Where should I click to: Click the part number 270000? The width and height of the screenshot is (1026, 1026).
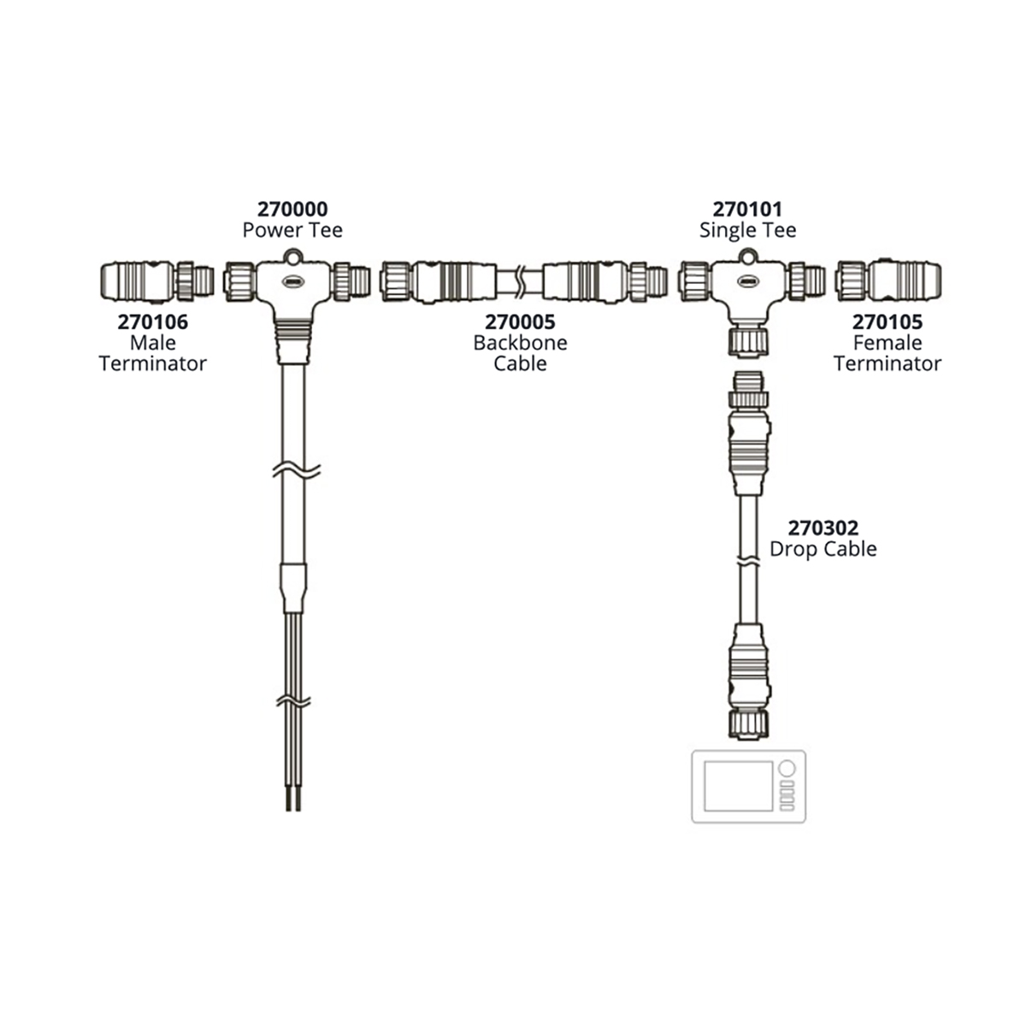pyautogui.click(x=292, y=209)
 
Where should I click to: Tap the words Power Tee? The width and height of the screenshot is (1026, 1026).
pyautogui.click(x=292, y=230)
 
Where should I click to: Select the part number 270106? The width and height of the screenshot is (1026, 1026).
pyautogui.click(x=153, y=322)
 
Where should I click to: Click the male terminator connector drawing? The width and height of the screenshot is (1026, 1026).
pyautogui.click(x=157, y=280)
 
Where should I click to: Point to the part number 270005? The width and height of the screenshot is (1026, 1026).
pyautogui.click(x=520, y=322)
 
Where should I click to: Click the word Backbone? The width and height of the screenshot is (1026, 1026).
pyautogui.click(x=520, y=343)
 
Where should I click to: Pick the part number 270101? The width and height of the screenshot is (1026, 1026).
pyautogui.click(x=747, y=209)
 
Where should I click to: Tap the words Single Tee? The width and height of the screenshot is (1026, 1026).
pyautogui.click(x=747, y=231)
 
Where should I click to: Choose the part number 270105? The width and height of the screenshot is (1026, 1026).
pyautogui.click(x=887, y=322)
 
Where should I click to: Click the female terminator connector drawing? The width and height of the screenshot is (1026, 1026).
pyautogui.click(x=888, y=280)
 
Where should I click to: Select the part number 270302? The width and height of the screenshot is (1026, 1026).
pyautogui.click(x=823, y=528)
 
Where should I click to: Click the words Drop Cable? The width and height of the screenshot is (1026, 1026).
pyautogui.click(x=823, y=549)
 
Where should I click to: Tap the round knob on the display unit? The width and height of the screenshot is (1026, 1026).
pyautogui.click(x=787, y=769)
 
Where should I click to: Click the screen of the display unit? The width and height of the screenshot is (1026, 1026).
pyautogui.click(x=738, y=786)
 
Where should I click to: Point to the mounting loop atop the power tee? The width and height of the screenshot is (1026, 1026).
pyautogui.click(x=292, y=256)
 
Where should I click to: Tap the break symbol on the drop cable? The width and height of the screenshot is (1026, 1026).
pyautogui.click(x=749, y=560)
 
